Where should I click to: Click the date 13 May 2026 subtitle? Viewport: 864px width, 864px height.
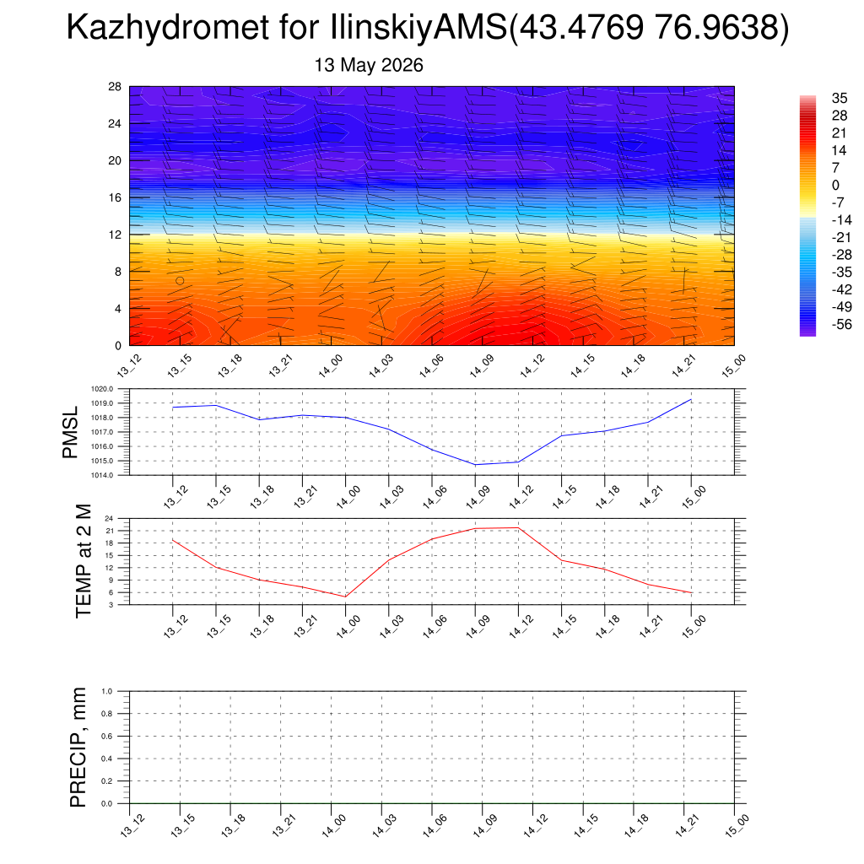pos(369,65)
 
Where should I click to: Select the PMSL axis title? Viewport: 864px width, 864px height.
pos(70,433)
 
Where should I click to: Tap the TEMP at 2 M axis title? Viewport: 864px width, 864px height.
pos(84,561)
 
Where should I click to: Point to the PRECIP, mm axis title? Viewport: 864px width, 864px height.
pos(78,748)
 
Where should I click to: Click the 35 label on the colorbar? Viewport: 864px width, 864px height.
pos(840,98)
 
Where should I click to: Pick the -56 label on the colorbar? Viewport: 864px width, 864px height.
pos(841,325)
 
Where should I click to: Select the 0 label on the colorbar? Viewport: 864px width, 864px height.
pos(836,185)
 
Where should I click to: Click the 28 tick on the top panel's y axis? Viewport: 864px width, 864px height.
pos(115,87)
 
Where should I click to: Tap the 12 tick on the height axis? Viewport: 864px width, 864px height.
pos(115,235)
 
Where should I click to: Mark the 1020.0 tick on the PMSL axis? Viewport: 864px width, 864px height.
pos(102,389)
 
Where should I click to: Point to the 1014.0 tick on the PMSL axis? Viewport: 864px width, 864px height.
pos(102,475)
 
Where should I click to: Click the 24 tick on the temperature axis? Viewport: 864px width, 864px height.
pos(109,519)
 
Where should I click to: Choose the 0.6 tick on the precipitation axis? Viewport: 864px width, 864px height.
pos(107,736)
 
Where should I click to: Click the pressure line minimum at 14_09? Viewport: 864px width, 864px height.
pos(475,465)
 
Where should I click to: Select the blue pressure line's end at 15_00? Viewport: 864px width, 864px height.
pos(691,399)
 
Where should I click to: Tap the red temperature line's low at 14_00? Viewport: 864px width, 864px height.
pos(345,597)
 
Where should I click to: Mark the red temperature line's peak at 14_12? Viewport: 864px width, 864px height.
pos(518,528)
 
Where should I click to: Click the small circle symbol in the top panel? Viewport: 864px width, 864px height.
pos(180,280)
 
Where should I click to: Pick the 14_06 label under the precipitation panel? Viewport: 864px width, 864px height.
pos(431,826)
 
